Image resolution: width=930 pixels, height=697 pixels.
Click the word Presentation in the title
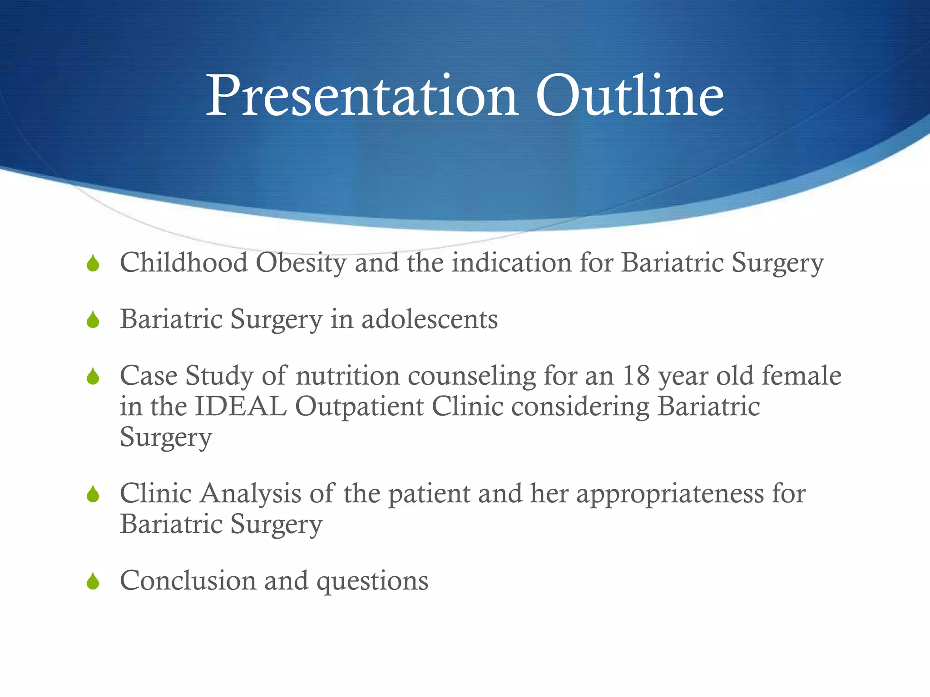[x=361, y=96]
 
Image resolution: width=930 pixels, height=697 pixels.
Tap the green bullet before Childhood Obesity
[x=93, y=264]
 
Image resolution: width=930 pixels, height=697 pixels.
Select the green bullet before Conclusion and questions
[x=93, y=581]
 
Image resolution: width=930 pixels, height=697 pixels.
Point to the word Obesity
[x=301, y=264]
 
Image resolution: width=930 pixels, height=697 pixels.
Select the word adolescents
[x=430, y=319]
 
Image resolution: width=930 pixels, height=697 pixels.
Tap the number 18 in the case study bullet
[x=636, y=376]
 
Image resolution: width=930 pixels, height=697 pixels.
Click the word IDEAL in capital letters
[x=241, y=406]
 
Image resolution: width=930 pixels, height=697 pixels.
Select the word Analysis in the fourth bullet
[x=251, y=494]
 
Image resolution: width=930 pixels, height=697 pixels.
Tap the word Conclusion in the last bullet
[x=188, y=581]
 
